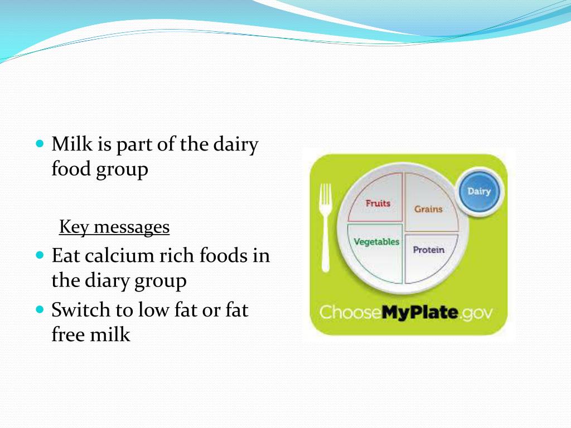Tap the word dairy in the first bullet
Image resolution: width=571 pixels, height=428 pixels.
[x=236, y=144]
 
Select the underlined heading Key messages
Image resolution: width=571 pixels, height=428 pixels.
[x=114, y=227]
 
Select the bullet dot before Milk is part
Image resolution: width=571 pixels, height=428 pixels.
[x=39, y=144]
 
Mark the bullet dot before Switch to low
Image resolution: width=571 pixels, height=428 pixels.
[x=39, y=309]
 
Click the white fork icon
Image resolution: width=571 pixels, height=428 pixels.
[x=325, y=228]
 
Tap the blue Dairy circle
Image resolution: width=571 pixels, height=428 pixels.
[x=479, y=192]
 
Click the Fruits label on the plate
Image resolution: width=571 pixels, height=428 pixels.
[x=378, y=203]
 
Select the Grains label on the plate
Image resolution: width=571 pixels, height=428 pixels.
[x=428, y=209]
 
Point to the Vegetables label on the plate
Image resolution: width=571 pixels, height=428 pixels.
[x=376, y=242]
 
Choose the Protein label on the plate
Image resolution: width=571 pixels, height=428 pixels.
[x=429, y=250]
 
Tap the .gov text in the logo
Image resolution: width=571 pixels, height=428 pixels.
[x=476, y=313]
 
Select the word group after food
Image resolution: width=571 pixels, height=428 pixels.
[x=122, y=169]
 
